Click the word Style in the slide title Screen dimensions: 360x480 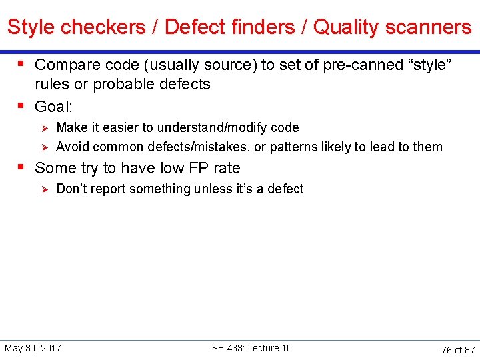tap(31, 27)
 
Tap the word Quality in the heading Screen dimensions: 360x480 tap(344, 27)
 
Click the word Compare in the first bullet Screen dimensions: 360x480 tap(63, 65)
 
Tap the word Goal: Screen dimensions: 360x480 tap(53, 107)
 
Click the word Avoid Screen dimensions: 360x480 tap(72, 147)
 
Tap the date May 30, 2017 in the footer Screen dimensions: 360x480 tap(33, 348)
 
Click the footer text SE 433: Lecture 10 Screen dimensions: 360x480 tap(251, 348)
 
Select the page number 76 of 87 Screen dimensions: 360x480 tap(458, 349)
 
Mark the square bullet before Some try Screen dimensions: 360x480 tap(22, 167)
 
